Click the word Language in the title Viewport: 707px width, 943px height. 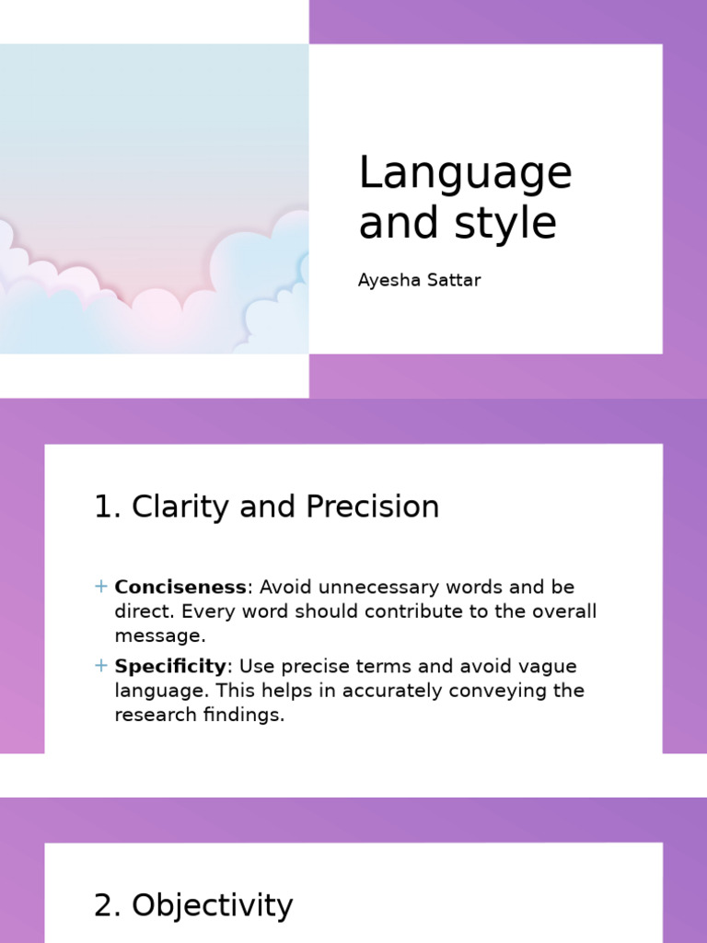point(465,174)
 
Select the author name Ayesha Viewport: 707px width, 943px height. point(387,280)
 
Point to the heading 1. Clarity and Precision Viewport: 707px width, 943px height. point(266,506)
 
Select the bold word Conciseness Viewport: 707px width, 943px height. point(180,587)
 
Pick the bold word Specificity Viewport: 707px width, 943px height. point(170,666)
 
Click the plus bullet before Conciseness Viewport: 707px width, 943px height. point(101,587)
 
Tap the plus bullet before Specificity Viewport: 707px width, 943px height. point(101,666)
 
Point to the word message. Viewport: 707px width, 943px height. point(158,635)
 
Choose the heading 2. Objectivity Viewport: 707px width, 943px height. point(193,905)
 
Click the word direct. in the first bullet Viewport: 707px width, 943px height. point(143,611)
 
